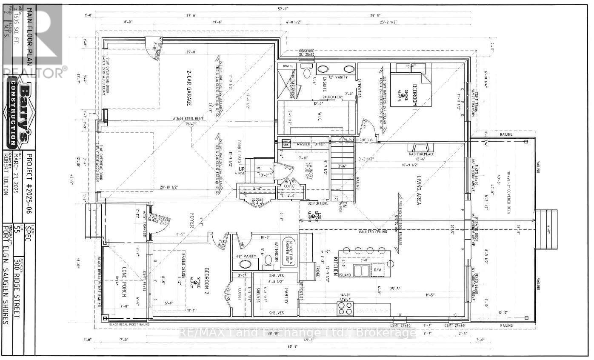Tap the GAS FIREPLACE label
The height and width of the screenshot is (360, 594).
422,154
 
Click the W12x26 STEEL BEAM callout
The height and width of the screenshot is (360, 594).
162,119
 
